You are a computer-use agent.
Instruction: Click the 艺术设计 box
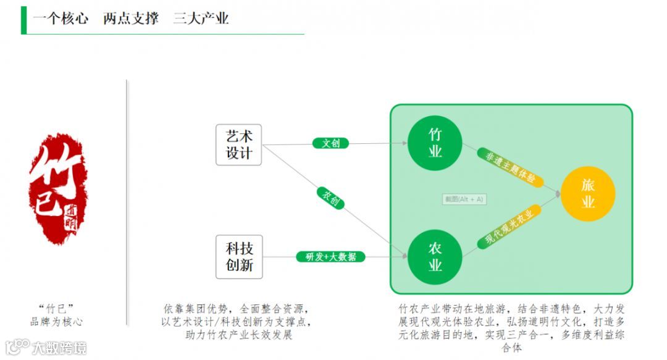click(x=238, y=145)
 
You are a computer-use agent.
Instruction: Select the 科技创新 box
click(x=238, y=256)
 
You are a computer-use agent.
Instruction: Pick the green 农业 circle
click(x=435, y=256)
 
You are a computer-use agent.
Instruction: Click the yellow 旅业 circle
click(x=588, y=193)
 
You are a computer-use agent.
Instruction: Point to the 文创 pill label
click(x=330, y=143)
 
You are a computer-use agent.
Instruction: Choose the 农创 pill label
click(x=330, y=198)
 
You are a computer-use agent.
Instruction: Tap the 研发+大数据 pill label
click(x=331, y=257)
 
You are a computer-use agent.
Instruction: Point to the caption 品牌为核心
click(x=56, y=322)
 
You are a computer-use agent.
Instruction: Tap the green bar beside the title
click(x=23, y=20)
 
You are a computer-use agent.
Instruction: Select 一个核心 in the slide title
click(x=61, y=19)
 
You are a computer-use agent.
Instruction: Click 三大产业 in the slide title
click(x=201, y=19)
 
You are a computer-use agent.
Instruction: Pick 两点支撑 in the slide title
click(x=131, y=19)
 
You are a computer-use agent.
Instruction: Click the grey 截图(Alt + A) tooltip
click(x=464, y=199)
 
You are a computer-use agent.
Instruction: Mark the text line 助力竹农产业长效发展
click(x=238, y=335)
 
